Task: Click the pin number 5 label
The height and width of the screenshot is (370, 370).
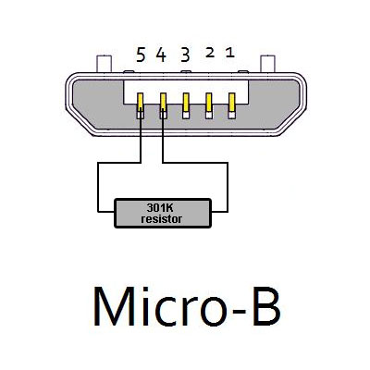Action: point(141,55)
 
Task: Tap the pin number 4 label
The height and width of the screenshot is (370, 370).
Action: point(161,55)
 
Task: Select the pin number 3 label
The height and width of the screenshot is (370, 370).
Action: point(185,55)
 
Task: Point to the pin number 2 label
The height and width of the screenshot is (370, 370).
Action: point(210,53)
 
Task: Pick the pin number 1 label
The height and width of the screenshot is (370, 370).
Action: point(230,53)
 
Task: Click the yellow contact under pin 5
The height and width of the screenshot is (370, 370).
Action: point(141,102)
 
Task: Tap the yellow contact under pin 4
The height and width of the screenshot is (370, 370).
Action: point(163,102)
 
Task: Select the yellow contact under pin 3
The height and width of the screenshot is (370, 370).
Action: point(186,103)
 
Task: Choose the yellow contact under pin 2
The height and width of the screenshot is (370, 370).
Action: point(209,103)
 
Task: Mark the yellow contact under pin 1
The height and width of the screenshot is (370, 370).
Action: point(231,103)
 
